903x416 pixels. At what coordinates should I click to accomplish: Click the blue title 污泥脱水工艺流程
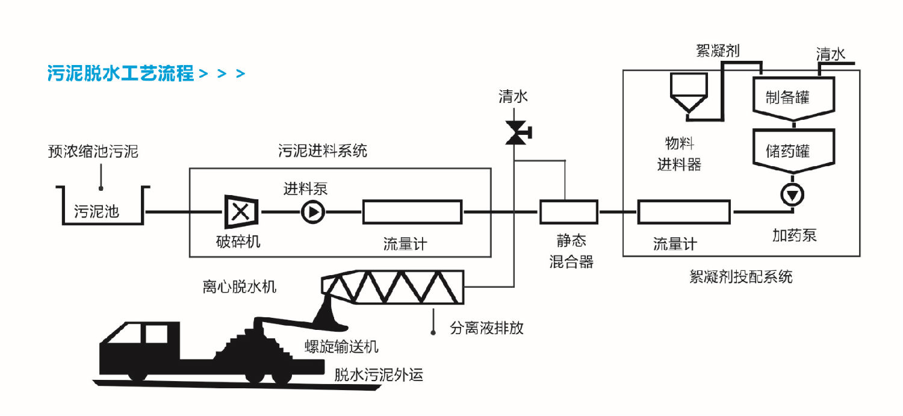click(x=120, y=73)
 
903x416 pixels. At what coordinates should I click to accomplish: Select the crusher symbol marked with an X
click(x=241, y=212)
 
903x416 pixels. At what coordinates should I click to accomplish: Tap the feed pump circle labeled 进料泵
click(x=312, y=212)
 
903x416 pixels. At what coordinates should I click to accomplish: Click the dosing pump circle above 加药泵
click(x=792, y=194)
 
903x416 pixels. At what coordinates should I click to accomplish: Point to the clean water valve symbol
click(x=516, y=132)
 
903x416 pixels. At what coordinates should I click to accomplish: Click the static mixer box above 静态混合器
click(x=568, y=212)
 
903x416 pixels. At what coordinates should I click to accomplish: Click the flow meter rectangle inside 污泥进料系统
click(x=412, y=212)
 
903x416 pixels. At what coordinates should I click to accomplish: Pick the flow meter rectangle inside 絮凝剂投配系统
click(x=683, y=212)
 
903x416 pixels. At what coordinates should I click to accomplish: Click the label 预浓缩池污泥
click(x=93, y=151)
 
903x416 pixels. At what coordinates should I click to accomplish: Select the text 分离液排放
click(x=487, y=328)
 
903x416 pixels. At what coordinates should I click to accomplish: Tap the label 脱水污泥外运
click(x=379, y=375)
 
